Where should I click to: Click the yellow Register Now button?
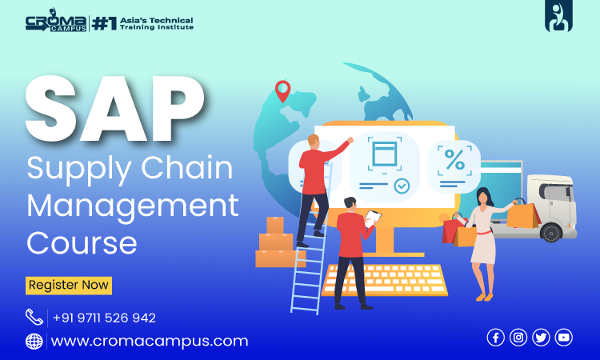click(69, 286)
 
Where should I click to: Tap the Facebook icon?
click(495, 338)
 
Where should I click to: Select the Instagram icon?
click(518, 338)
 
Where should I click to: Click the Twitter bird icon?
click(541, 338)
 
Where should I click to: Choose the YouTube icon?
click(564, 338)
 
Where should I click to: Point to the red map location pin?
click(282, 90)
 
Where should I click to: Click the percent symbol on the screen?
click(454, 159)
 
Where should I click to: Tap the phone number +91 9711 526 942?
click(104, 318)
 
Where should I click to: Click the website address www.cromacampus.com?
click(150, 341)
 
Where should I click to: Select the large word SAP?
click(114, 109)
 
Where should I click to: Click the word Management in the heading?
click(133, 206)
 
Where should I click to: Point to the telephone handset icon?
click(34, 317)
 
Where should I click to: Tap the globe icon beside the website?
click(34, 342)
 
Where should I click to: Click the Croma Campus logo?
click(56, 20)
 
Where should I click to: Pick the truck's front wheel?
click(551, 232)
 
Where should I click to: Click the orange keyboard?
click(385, 280)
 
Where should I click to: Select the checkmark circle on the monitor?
click(402, 186)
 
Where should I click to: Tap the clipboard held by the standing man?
click(372, 218)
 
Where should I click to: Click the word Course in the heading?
click(82, 243)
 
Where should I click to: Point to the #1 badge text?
click(104, 24)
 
